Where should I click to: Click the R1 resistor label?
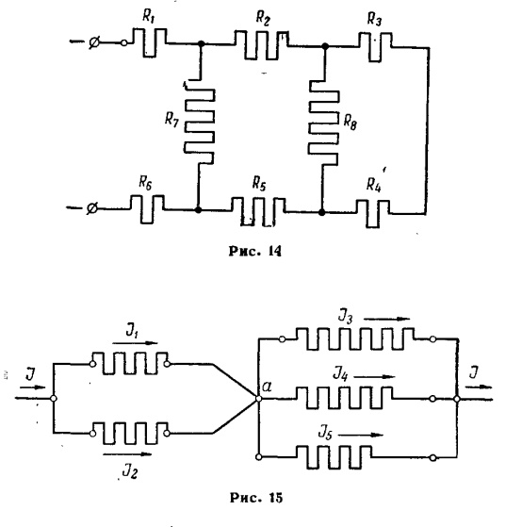(148, 16)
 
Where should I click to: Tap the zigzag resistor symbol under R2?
(261, 45)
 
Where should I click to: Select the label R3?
(374, 19)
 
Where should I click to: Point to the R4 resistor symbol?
(373, 214)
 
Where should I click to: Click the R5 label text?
(259, 184)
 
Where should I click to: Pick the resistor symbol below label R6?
(147, 209)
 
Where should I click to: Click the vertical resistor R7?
(200, 122)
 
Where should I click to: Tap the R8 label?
(350, 122)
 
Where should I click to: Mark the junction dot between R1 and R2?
(202, 43)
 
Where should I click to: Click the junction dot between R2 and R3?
(325, 46)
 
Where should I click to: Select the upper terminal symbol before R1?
(94, 42)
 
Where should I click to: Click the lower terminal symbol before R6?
(91, 208)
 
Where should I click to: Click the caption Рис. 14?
(255, 251)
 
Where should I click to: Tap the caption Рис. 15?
(256, 498)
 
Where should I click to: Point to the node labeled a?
(259, 399)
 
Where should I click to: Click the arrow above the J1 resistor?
(135, 343)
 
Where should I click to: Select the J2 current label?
(130, 471)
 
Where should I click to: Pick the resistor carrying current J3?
(354, 338)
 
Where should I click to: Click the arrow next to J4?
(374, 377)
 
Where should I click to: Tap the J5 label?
(325, 434)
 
